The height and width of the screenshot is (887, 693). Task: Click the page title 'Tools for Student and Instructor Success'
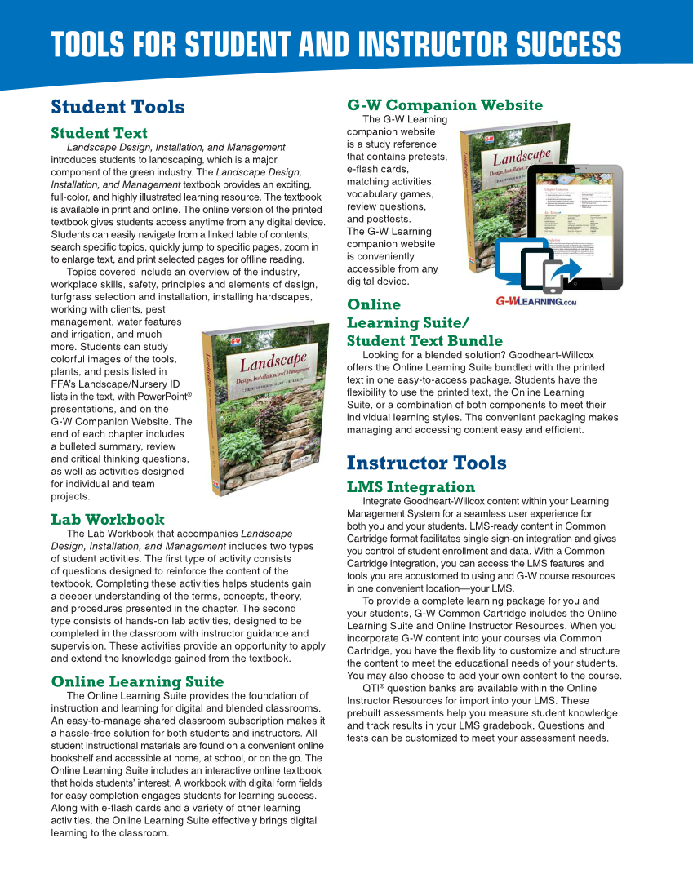(335, 44)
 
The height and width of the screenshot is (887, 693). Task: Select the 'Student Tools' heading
(118, 107)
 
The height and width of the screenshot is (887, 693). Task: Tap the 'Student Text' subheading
(99, 133)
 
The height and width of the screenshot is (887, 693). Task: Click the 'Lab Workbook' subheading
(107, 519)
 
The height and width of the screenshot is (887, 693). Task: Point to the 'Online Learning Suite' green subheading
(137, 681)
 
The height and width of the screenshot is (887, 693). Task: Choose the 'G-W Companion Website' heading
(444, 105)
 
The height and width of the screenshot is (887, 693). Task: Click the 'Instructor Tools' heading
(426, 463)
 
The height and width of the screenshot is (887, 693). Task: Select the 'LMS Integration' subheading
(411, 487)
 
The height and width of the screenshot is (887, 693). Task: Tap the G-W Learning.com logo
(535, 301)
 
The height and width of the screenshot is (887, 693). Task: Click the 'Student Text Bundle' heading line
(424, 340)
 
